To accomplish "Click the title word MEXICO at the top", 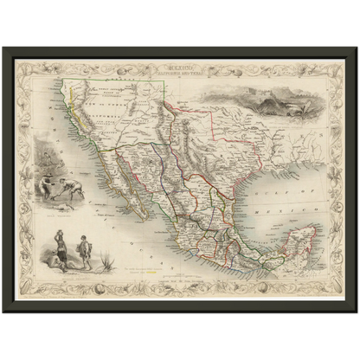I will pyautogui.click(x=180, y=64).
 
